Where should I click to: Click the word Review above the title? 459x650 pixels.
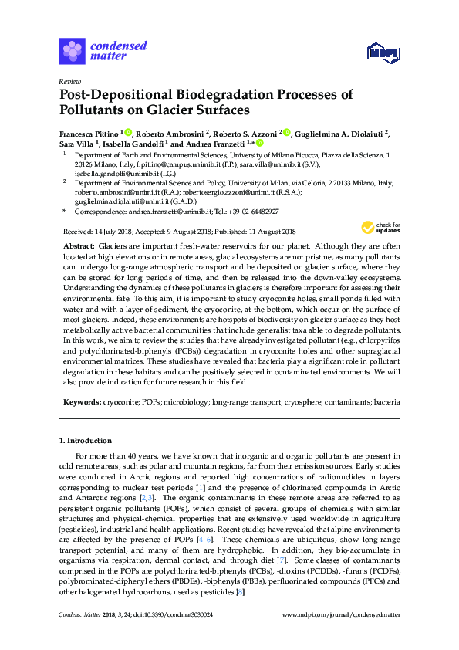[69, 81]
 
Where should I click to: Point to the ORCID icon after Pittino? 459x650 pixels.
[128, 132]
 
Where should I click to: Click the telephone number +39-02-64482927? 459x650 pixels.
[255, 211]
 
